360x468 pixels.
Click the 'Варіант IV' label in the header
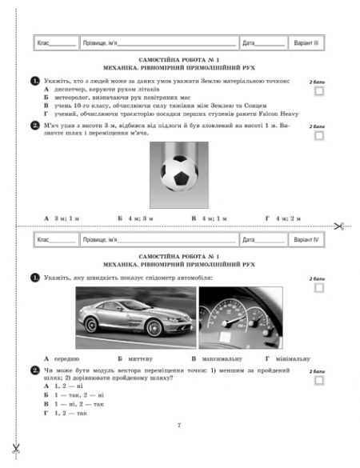click(306, 239)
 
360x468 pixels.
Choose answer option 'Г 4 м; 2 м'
click(282, 217)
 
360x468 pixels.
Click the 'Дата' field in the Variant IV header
click(262, 239)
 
